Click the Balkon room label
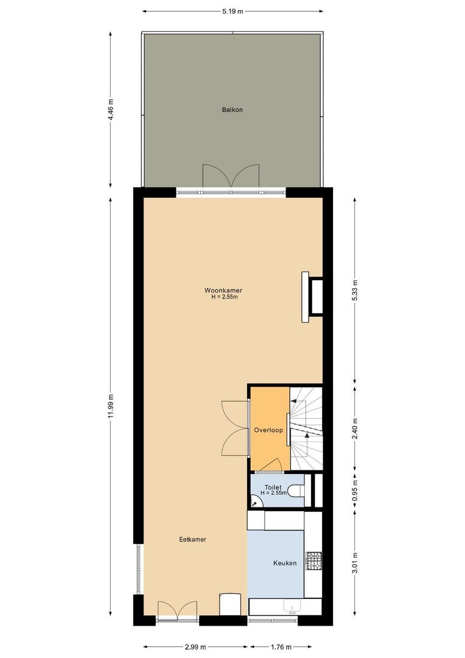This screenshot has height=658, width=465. (232, 110)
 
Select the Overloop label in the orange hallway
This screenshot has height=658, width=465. (268, 430)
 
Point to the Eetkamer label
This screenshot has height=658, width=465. (192, 539)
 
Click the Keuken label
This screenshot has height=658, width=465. (284, 563)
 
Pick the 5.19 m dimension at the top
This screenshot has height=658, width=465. (232, 11)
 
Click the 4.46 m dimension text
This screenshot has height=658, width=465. (110, 110)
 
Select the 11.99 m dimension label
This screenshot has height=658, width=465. (110, 406)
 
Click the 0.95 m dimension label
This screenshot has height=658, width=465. (355, 490)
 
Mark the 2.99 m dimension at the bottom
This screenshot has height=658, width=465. (195, 647)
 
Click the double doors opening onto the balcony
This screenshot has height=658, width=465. (231, 177)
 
